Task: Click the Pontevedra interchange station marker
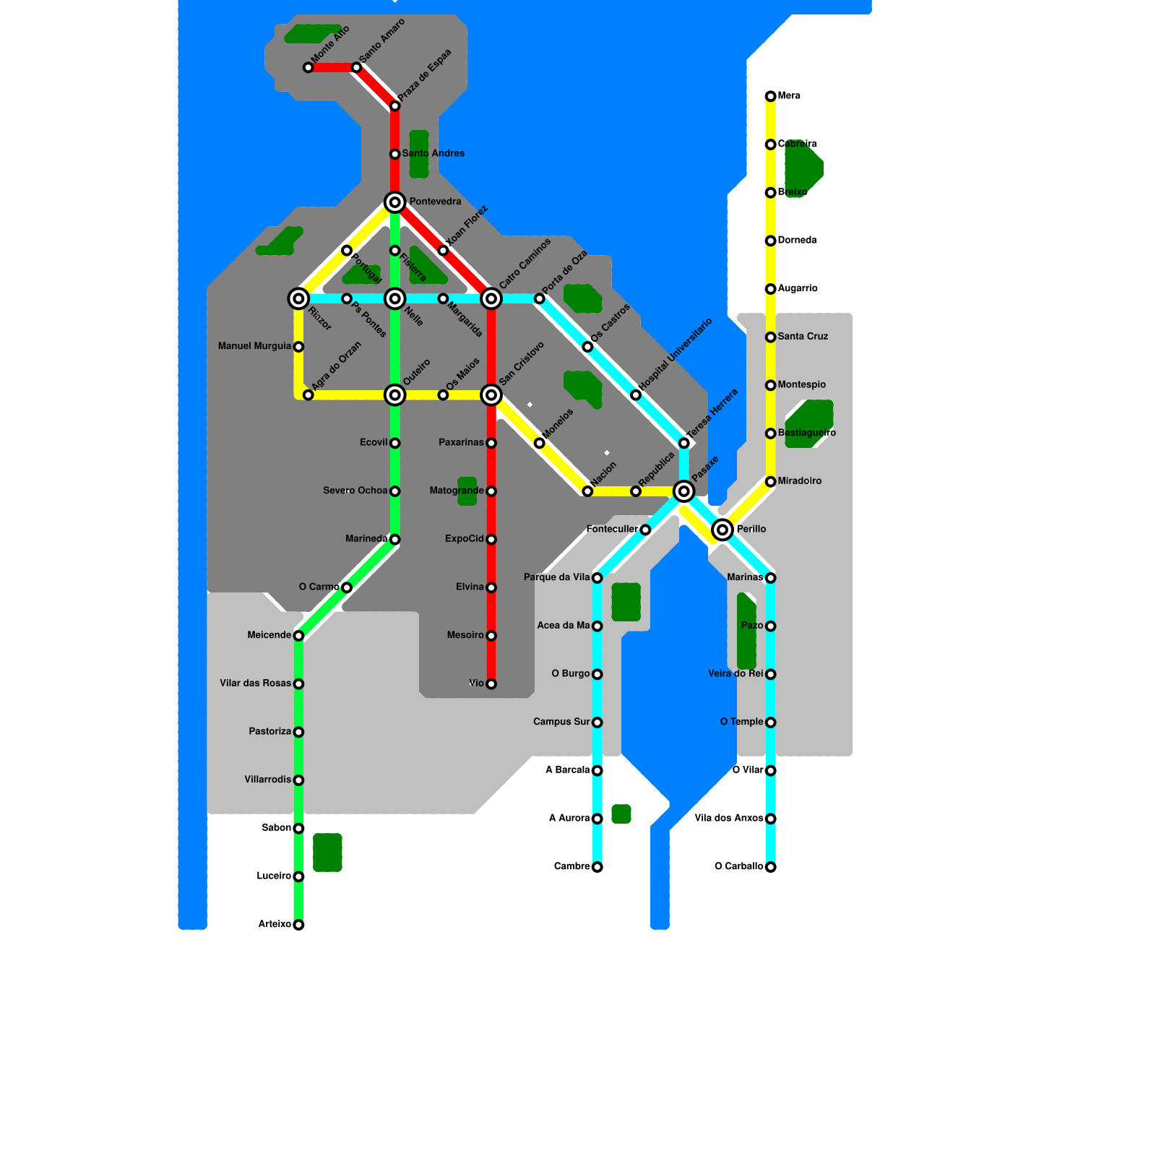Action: click(x=394, y=202)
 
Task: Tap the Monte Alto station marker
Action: click(x=309, y=67)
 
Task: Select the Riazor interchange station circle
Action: click(x=298, y=298)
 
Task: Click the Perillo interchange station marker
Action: click(x=722, y=530)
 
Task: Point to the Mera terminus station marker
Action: click(x=770, y=96)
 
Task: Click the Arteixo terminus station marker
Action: click(x=298, y=925)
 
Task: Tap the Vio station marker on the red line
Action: click(x=491, y=683)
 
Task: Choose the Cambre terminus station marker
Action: click(x=597, y=867)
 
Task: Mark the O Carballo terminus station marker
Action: click(x=770, y=867)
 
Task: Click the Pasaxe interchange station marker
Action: click(x=683, y=491)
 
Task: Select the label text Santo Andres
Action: click(x=433, y=153)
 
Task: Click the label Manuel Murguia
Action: click(x=254, y=346)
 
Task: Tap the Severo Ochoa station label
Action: click(x=355, y=491)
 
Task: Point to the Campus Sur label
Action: click(x=561, y=722)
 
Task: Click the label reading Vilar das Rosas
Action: click(x=255, y=683)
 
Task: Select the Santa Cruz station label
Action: click(x=803, y=336)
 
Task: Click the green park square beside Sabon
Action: click(x=327, y=853)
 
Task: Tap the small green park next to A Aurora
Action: click(x=621, y=814)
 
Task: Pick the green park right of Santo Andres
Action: click(x=419, y=154)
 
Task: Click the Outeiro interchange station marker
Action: click(x=394, y=394)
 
